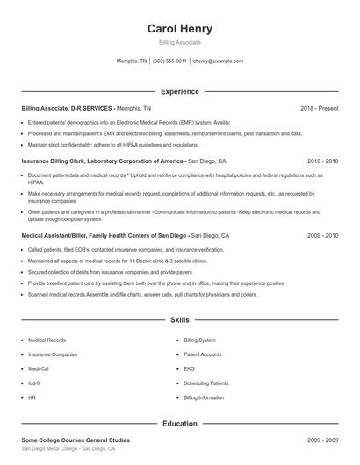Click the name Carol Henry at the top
179,28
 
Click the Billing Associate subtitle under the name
179,42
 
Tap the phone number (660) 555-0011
169,61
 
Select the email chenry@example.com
219,61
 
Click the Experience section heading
179,91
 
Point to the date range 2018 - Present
319,108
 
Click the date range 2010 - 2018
322,161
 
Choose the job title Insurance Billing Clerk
57,161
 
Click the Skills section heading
179,321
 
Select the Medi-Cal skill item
40,368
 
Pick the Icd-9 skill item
35,383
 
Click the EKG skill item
190,368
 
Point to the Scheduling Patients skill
206,383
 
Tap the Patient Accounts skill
203,354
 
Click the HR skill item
32,397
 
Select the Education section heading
179,424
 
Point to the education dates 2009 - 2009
322,440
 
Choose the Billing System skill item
200,340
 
